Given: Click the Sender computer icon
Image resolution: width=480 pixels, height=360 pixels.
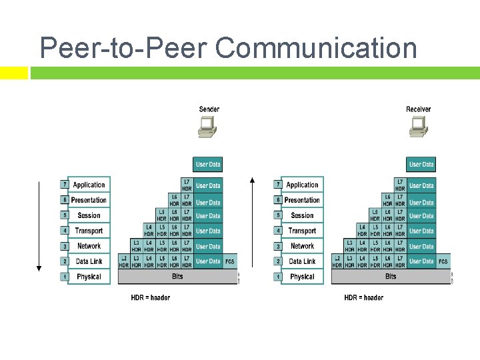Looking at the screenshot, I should [x=207, y=127].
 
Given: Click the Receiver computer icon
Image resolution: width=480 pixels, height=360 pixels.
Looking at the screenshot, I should [x=419, y=127].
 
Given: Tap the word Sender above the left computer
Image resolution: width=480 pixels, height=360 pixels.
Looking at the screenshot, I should [x=209, y=109].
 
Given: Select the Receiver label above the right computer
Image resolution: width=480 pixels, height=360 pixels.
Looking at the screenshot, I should [x=419, y=109].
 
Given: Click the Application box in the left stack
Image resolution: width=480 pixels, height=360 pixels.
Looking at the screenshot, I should [x=89, y=185].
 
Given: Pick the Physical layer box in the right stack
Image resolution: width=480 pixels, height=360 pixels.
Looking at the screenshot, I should [x=302, y=277].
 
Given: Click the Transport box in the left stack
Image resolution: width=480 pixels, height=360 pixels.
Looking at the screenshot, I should [x=89, y=231].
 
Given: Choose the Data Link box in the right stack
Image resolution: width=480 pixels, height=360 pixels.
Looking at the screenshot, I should [x=302, y=261].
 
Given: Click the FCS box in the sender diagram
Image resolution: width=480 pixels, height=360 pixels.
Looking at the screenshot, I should [x=230, y=261].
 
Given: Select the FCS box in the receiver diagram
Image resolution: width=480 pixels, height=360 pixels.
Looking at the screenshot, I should [x=443, y=261].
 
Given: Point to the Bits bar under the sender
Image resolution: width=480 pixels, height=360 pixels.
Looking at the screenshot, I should [x=177, y=277].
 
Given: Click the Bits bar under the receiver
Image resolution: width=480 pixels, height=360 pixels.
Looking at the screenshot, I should [x=391, y=277].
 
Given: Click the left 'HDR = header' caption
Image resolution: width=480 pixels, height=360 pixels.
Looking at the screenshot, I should [x=150, y=297].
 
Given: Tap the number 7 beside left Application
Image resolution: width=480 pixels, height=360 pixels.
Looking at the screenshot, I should [x=65, y=185].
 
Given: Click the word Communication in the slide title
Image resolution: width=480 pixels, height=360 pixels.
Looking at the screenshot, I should [x=316, y=48].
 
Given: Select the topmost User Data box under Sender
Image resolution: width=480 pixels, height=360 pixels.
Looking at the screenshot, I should [x=208, y=164].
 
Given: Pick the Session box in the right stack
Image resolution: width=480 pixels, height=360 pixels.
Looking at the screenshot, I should [x=302, y=215].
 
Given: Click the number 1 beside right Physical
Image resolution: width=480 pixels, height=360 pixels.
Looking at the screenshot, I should [x=278, y=277].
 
